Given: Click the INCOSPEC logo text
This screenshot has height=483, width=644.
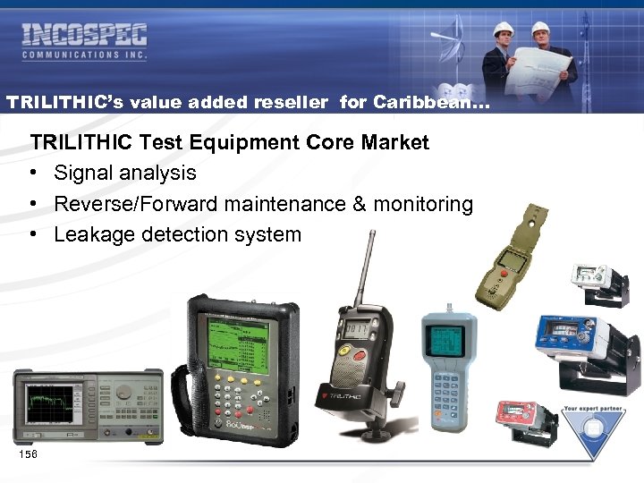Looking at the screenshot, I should pos(84,36).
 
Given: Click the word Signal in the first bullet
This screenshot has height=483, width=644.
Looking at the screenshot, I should pos(84,173).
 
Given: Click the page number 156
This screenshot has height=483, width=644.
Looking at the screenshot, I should pos(28,455).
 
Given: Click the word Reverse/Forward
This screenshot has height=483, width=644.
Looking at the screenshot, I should pos(135,204).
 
